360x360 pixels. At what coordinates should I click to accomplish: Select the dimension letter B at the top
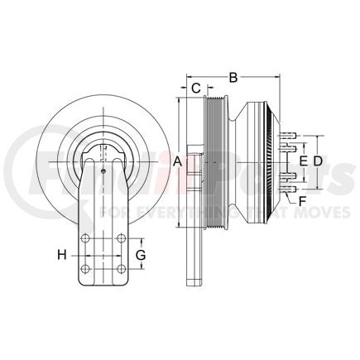click(233, 78)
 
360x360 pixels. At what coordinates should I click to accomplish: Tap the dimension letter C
click(195, 88)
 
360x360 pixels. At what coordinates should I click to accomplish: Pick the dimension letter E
click(303, 160)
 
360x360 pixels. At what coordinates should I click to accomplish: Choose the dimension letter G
click(141, 254)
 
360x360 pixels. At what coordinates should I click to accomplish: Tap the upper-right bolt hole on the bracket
click(122, 239)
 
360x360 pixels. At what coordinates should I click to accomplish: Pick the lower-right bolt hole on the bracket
click(122, 269)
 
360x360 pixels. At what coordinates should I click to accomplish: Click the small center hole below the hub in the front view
click(102, 171)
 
